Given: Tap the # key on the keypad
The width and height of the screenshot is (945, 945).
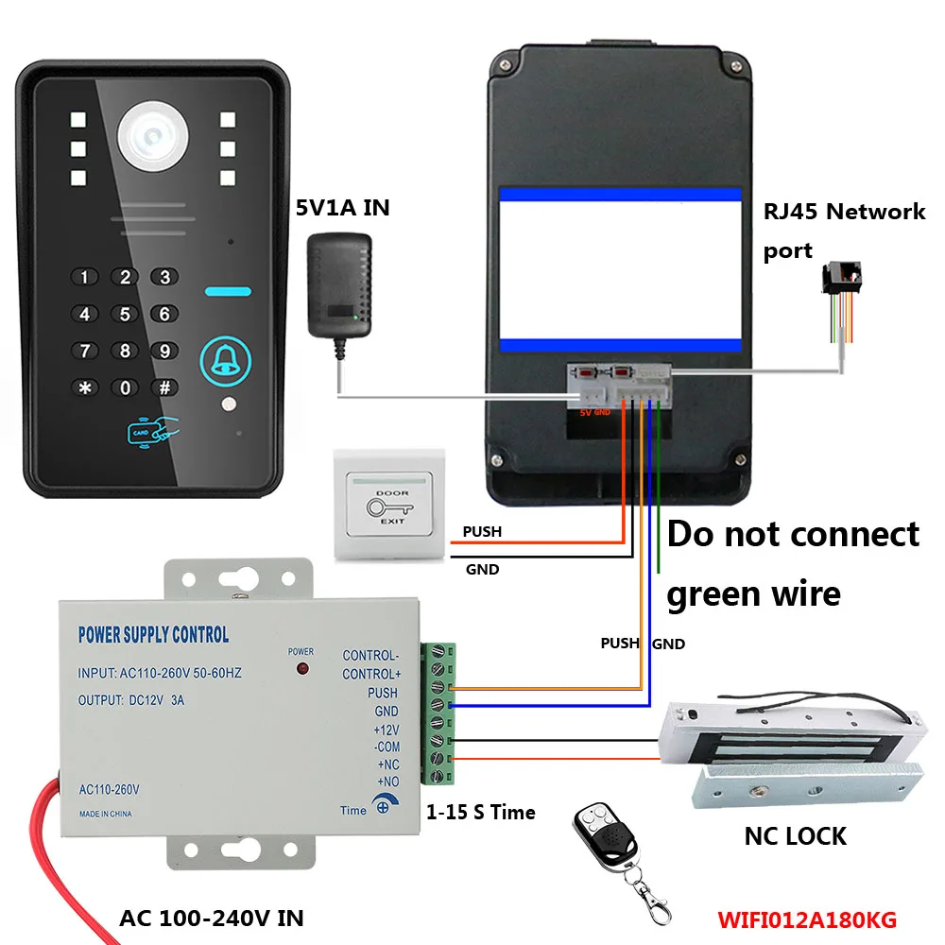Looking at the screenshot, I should click(164, 387).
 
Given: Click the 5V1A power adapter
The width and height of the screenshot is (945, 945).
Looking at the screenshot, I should click(338, 289).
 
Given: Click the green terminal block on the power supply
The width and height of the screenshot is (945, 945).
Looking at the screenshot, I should click(438, 713).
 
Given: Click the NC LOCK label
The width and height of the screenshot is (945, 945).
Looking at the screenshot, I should click(795, 835).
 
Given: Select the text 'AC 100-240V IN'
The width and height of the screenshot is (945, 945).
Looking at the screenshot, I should click(212, 918).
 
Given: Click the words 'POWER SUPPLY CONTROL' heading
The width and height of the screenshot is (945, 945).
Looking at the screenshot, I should click(153, 635).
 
